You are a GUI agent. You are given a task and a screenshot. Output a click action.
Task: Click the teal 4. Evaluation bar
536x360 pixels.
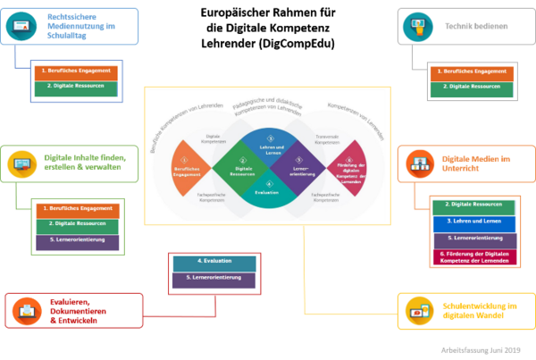pos(213,262)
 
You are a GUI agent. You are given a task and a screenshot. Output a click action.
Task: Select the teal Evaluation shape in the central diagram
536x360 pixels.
pos(267,189)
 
